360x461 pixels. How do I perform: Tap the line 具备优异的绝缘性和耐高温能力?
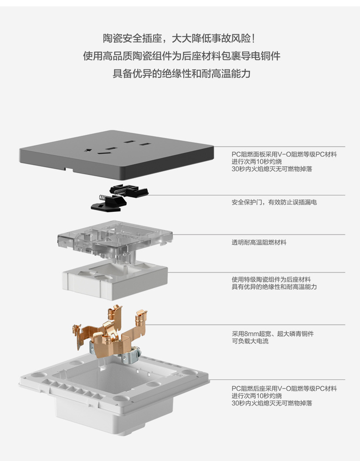(x=181, y=73)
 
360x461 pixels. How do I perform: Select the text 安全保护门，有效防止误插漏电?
(x=274, y=202)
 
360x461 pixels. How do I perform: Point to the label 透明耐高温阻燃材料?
(x=259, y=242)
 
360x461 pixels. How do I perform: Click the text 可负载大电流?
(x=250, y=341)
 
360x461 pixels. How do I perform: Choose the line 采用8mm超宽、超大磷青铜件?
(x=273, y=333)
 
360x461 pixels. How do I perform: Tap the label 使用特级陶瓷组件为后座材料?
(x=271, y=279)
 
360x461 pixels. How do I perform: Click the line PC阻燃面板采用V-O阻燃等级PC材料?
(x=284, y=154)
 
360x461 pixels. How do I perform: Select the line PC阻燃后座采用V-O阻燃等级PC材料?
(x=284, y=389)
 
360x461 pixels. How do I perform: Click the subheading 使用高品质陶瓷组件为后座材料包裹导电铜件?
(x=181, y=56)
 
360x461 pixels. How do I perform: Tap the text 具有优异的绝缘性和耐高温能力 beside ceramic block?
(x=274, y=287)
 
